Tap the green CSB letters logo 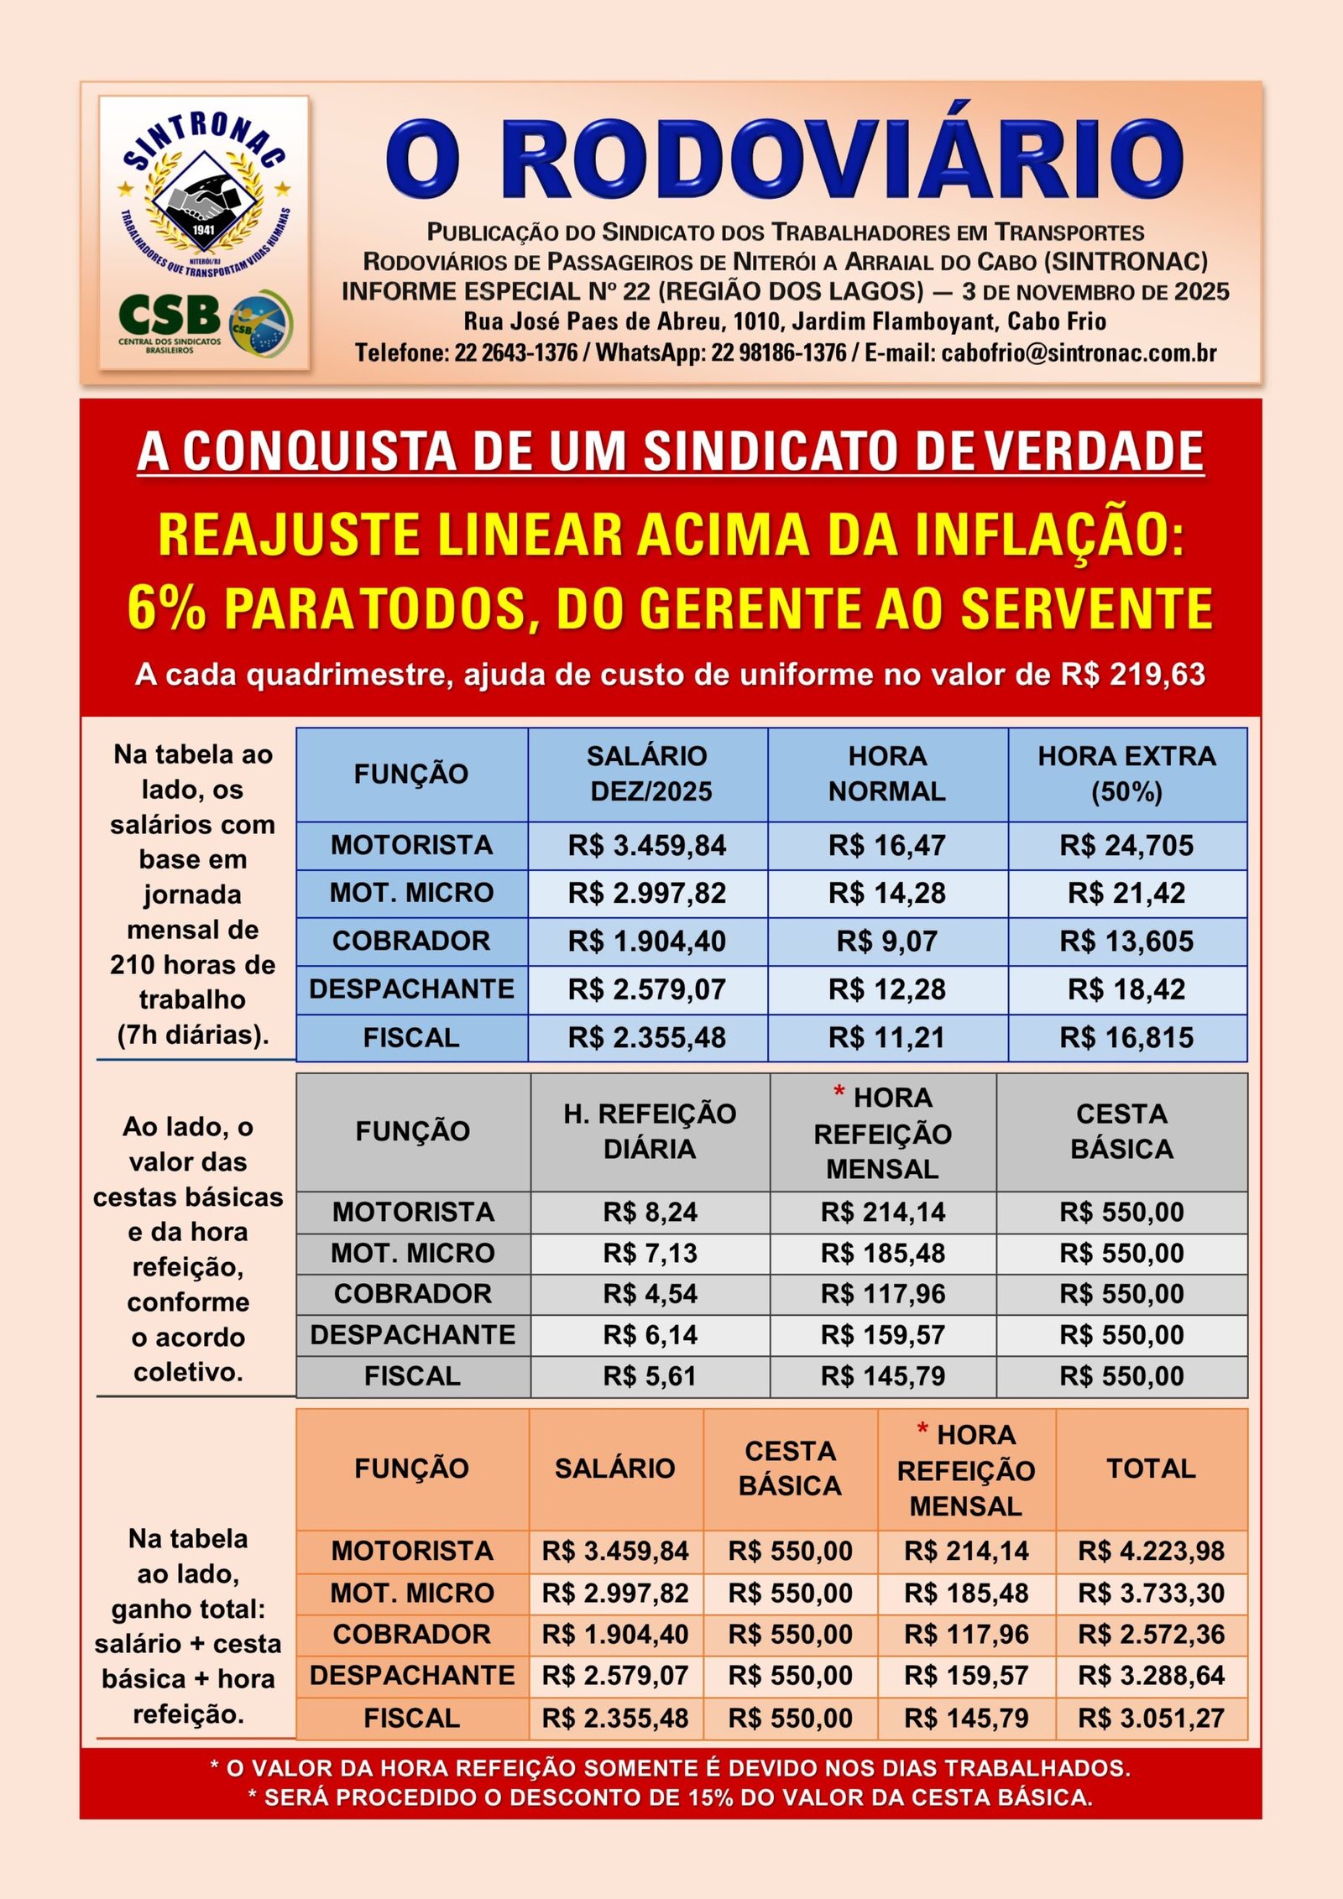[170, 316]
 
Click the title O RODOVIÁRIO [784, 159]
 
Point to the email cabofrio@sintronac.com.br [1079, 352]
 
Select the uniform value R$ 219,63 [1132, 675]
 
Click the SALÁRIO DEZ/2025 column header [648, 774]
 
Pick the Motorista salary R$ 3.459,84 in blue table [647, 845]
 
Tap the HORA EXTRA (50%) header [1126, 774]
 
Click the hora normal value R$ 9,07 [886, 942]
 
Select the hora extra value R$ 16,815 [1126, 1038]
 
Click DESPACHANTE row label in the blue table [411, 989]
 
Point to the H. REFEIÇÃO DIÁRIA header [650, 1131]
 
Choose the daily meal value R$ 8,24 [650, 1212]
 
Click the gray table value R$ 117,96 [883, 1294]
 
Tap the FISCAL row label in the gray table [412, 1376]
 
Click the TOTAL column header [1151, 1469]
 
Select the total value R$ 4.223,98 [1151, 1551]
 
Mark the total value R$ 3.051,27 [1151, 1718]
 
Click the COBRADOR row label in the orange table [411, 1635]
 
